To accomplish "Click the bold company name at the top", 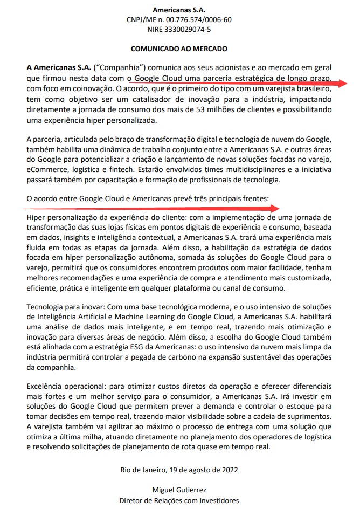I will tap(179, 10).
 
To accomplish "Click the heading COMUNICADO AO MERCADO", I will tap(179, 49).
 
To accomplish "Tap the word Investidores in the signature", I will tap(217, 500).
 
